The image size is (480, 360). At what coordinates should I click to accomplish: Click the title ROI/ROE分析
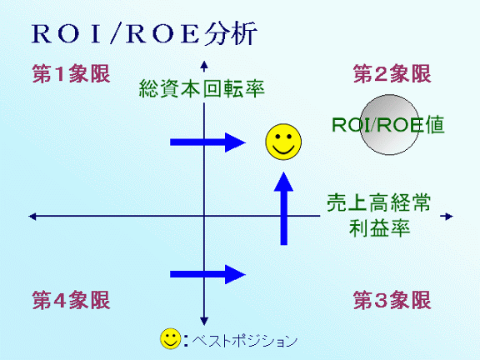click(144, 33)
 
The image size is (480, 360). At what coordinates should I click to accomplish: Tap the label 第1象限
click(71, 73)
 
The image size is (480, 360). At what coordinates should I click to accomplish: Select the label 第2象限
click(392, 73)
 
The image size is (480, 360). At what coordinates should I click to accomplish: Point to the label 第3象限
click(392, 300)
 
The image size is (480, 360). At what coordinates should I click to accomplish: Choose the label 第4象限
click(71, 300)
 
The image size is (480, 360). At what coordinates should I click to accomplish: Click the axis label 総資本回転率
click(202, 88)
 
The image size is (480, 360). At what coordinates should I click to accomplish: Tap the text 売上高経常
click(378, 203)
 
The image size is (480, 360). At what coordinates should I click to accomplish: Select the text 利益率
click(379, 228)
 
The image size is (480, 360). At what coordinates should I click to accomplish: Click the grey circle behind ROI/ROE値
click(389, 125)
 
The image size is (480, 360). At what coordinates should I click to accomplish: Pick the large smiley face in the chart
click(283, 142)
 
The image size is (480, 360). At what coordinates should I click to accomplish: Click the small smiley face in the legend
click(171, 338)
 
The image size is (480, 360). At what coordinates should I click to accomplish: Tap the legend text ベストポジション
click(245, 340)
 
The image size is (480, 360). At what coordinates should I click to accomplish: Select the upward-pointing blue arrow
click(284, 208)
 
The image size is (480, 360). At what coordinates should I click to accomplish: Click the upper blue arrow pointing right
click(207, 142)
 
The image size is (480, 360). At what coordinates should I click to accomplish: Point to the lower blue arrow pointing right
click(207, 274)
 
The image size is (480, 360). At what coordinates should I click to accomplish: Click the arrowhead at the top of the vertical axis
click(204, 65)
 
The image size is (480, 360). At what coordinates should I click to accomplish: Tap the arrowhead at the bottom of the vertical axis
click(204, 321)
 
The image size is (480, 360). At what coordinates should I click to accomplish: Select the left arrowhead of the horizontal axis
click(32, 217)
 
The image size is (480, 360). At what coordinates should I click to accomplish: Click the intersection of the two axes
click(204, 216)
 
